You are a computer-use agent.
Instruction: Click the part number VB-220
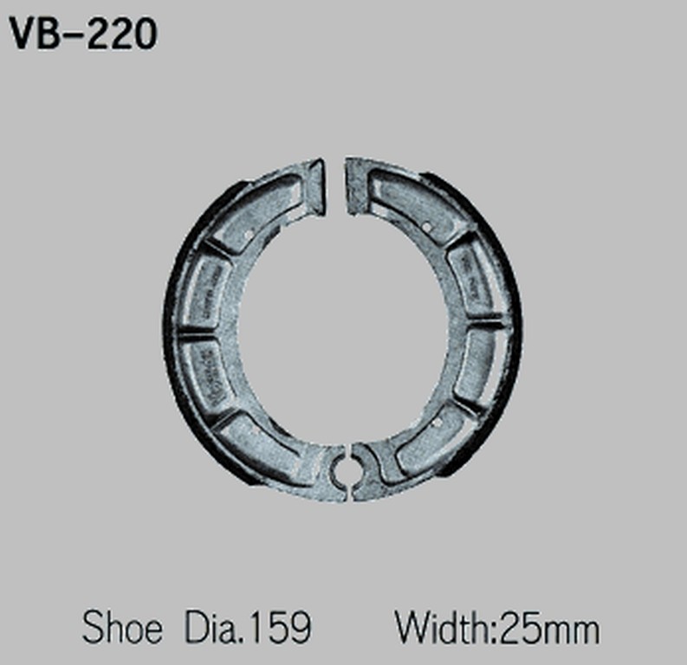(x=83, y=34)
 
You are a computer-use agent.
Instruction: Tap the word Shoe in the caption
(x=121, y=627)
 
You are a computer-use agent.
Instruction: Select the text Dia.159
(x=248, y=627)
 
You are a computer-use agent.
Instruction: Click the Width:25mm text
(x=496, y=627)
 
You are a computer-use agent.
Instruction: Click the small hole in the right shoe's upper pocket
(x=431, y=227)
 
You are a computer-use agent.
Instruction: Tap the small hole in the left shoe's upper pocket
(x=250, y=234)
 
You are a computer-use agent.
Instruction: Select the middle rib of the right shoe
(x=486, y=325)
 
